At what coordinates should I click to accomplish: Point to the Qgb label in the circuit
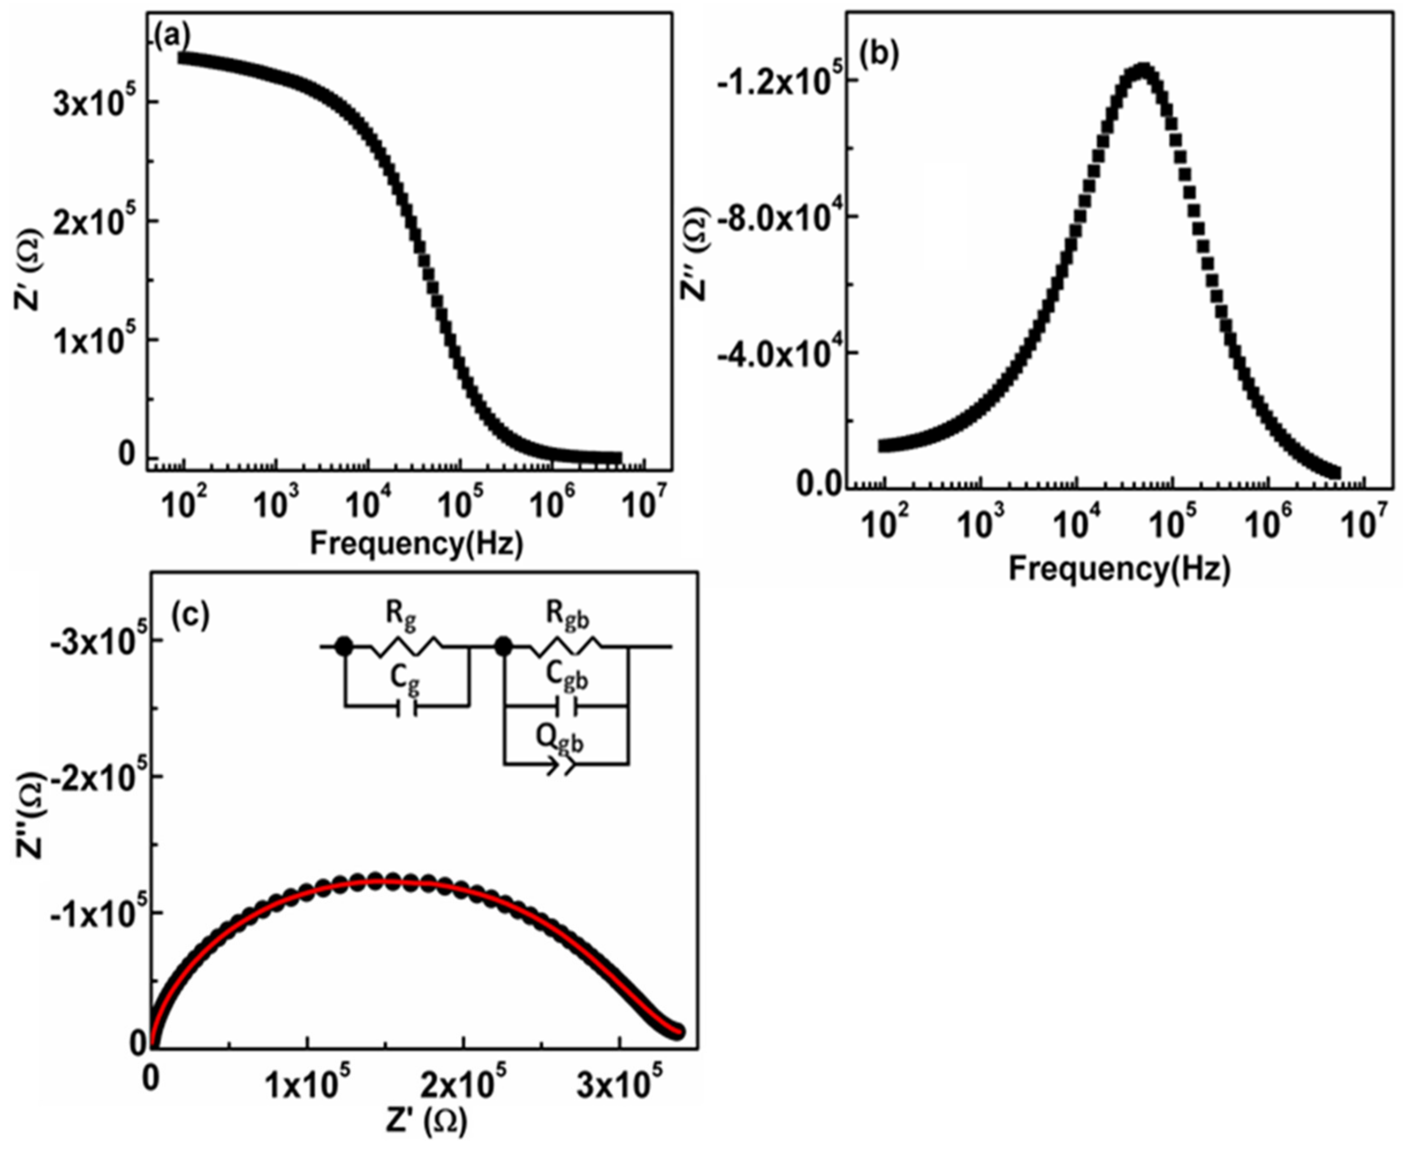point(560,740)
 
